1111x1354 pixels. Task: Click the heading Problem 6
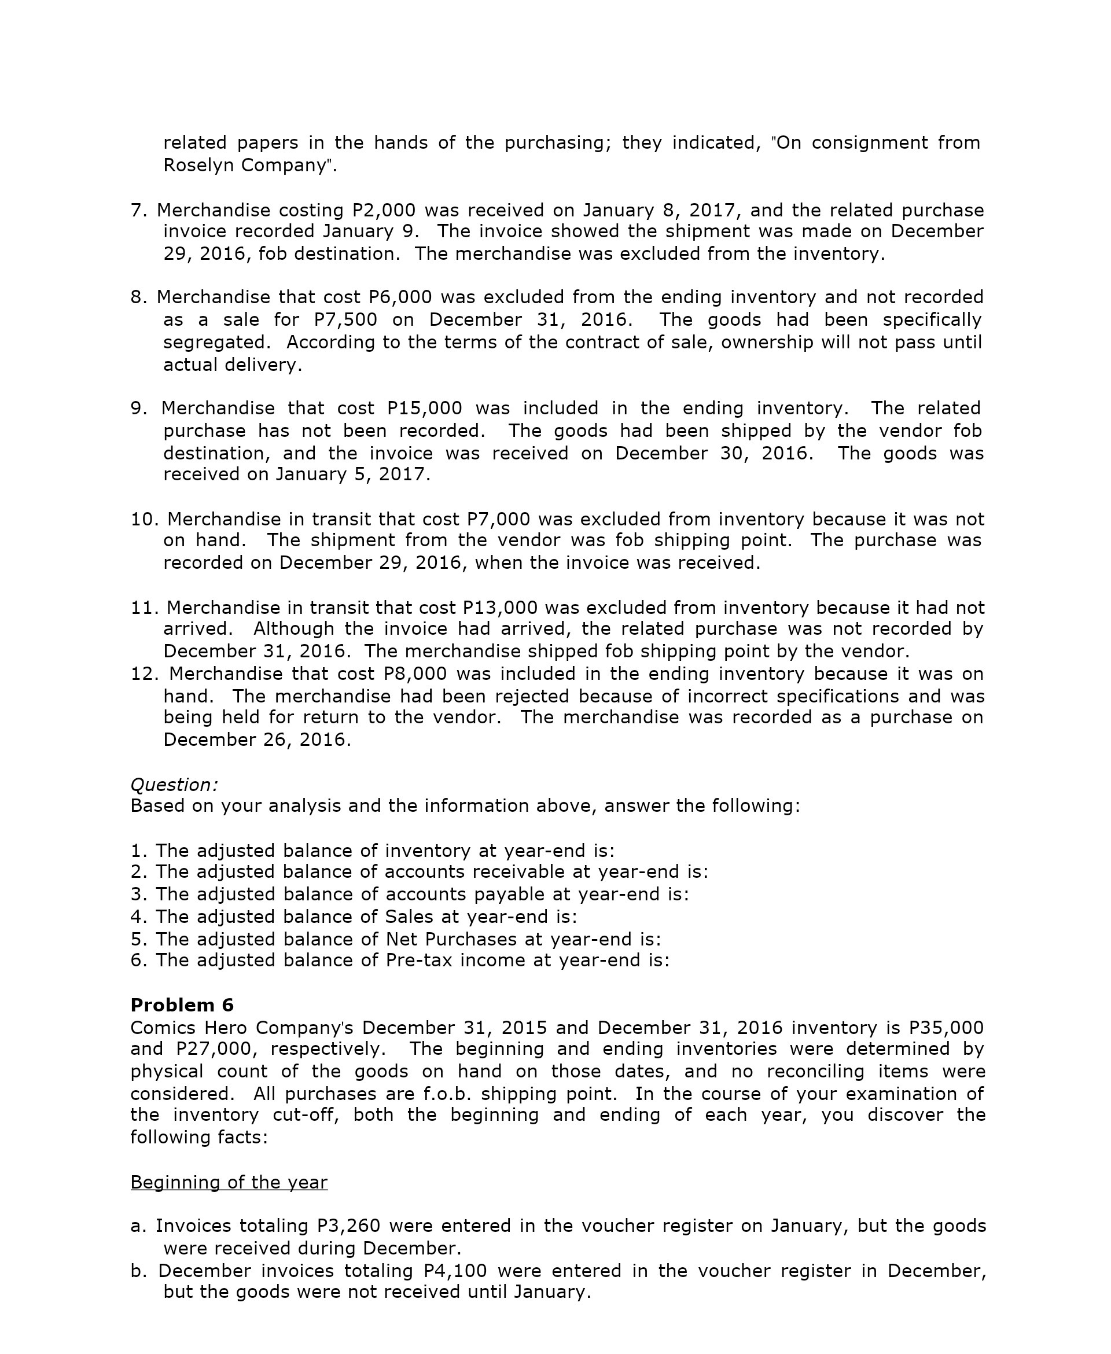[182, 1005]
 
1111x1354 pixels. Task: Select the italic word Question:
[174, 785]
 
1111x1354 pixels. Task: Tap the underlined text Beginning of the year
[229, 1182]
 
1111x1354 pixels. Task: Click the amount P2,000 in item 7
[384, 210]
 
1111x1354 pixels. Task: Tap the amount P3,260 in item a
[349, 1226]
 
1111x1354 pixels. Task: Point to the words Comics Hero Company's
[242, 1028]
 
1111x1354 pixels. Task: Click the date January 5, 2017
[352, 474]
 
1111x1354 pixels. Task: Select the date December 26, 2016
[257, 739]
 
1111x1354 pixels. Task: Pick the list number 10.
[144, 519]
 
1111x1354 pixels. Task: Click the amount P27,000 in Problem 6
[216, 1049]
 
